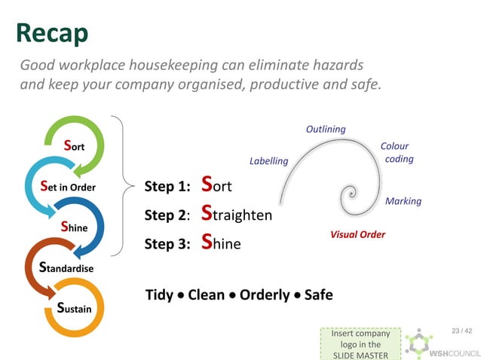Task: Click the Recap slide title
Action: pos(52,32)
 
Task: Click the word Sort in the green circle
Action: pos(73,145)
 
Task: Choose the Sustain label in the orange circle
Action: pos(74,307)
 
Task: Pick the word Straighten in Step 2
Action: pos(237,215)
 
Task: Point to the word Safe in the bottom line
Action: pos(318,294)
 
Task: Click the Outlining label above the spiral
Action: pos(326,129)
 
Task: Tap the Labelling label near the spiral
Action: pos(268,160)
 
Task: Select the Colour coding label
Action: pos(397,152)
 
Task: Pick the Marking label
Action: pos(403,201)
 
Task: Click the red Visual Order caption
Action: pos(357,234)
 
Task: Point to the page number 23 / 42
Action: pos(461,331)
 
